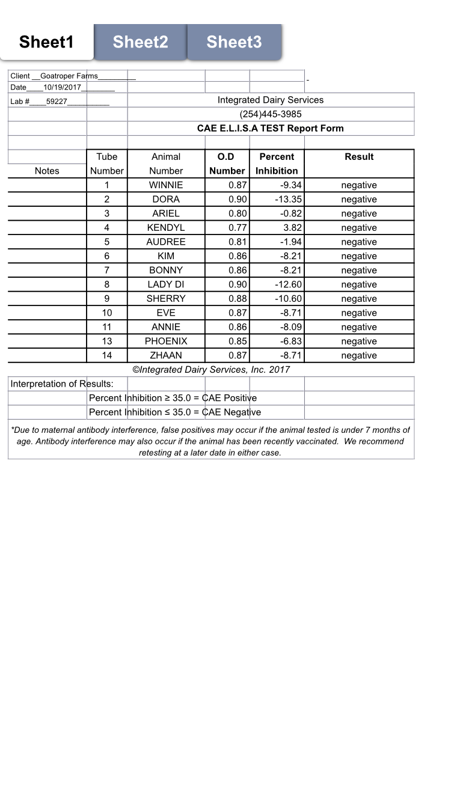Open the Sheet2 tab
point(140,42)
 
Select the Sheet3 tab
point(234,42)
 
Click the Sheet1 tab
point(46,42)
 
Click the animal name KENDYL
point(166,228)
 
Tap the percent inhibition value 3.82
point(292,228)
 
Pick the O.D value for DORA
point(238,200)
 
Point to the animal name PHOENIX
point(166,341)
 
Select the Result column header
point(359,157)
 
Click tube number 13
point(107,341)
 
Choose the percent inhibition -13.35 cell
point(288,200)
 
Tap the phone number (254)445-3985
point(271,114)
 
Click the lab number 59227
point(57,102)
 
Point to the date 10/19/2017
point(62,88)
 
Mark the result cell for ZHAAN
point(359,355)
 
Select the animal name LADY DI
point(166,284)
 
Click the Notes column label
point(47,171)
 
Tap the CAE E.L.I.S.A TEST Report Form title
point(271,129)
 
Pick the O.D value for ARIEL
point(238,213)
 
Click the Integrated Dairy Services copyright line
point(211,370)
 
